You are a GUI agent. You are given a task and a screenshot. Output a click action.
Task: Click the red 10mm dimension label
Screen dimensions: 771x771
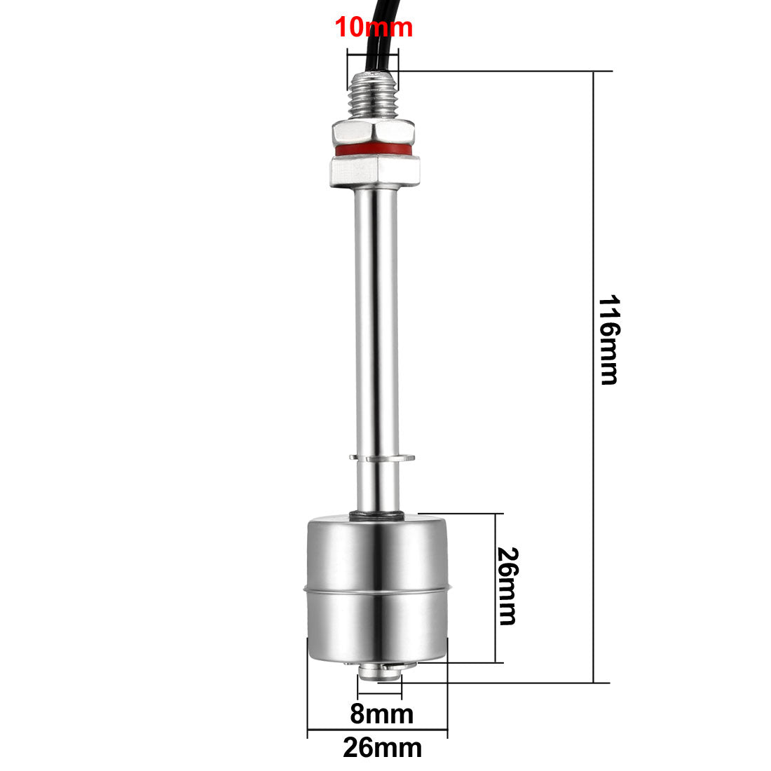(374, 28)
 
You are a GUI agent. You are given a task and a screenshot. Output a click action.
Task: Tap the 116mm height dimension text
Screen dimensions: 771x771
(608, 340)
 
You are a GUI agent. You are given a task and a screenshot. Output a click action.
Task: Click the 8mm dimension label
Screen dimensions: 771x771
(382, 715)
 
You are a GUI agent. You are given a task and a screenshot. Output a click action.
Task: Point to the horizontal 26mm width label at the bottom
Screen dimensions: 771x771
(383, 748)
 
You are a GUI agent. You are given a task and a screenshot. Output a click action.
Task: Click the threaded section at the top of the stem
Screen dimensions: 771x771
(374, 95)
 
